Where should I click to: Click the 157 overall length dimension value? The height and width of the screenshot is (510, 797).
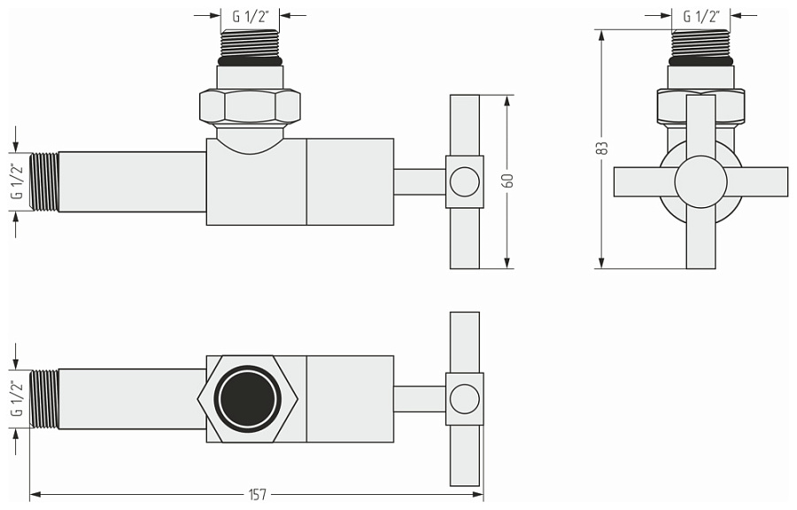[257, 495]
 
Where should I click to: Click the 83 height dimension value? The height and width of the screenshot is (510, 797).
[602, 149]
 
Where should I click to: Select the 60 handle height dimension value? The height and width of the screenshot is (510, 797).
[507, 181]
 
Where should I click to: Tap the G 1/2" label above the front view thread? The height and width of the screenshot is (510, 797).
[701, 16]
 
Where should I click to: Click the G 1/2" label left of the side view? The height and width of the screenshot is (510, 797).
[16, 182]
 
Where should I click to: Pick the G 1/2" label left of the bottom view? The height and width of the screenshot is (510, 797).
[16, 399]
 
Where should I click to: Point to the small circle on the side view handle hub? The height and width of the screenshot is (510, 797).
[462, 182]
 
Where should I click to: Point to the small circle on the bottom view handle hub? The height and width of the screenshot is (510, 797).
[462, 399]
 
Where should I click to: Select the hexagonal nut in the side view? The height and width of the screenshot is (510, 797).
[250, 107]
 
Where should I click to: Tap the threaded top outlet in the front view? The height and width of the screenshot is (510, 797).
[700, 44]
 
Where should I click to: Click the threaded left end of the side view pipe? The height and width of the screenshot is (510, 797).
[44, 182]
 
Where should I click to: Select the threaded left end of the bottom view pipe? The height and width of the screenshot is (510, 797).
[44, 399]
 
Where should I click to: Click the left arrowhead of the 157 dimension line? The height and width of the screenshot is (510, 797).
[35, 495]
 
